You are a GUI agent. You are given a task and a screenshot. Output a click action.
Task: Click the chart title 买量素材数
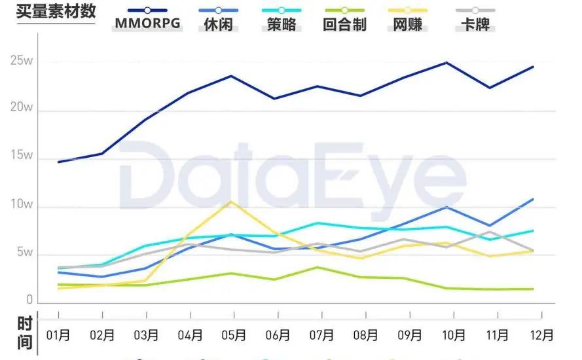click(56, 11)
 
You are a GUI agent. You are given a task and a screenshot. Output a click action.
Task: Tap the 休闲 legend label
click(217, 25)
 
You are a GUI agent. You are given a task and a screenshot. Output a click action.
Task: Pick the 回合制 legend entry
click(344, 25)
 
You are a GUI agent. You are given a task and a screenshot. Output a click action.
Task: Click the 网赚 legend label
click(408, 25)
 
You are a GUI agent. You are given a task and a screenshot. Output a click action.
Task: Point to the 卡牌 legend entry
click(475, 25)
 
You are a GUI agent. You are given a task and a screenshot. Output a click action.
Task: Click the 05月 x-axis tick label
click(233, 335)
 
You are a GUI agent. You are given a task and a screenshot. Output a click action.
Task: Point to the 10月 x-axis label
click(452, 335)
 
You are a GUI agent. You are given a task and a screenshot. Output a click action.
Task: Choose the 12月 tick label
click(540, 335)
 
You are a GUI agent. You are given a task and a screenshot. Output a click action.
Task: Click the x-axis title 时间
click(24, 332)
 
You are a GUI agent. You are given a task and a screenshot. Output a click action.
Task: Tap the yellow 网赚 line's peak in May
click(229, 202)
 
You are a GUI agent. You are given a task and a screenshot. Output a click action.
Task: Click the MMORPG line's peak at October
click(446, 63)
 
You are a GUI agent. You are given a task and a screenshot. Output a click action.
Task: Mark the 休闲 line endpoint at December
click(533, 199)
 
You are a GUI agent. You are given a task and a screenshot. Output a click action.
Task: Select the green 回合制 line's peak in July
click(318, 267)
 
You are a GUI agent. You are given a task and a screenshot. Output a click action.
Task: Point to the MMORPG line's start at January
click(59, 162)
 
